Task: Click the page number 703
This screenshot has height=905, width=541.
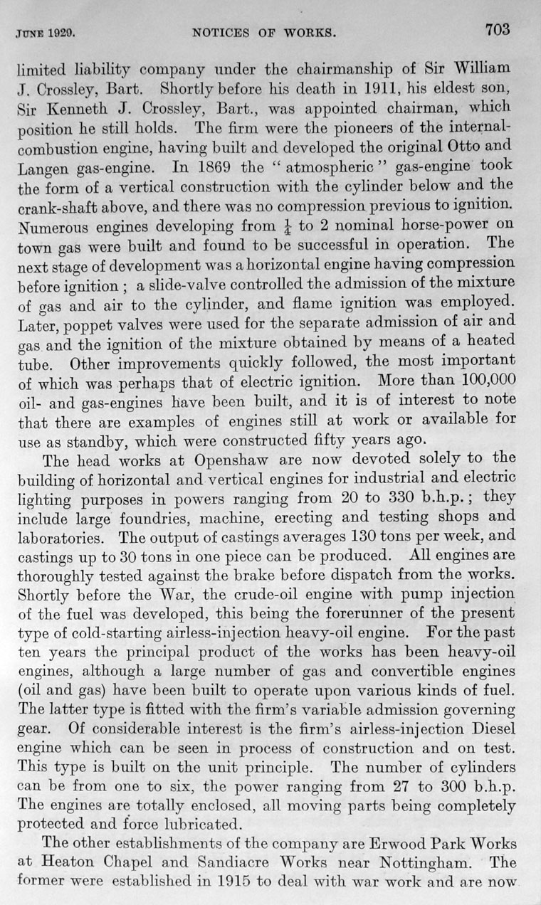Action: [498, 29]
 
